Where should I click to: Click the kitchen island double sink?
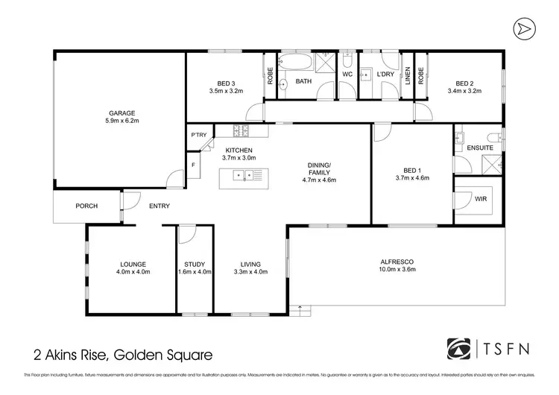point(244,177)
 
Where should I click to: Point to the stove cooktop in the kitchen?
point(241,132)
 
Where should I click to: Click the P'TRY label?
point(198,135)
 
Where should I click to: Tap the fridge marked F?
point(193,165)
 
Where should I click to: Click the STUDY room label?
point(195,264)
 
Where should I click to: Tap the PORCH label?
point(86,206)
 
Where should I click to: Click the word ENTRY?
point(159,206)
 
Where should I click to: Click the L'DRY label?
point(385,75)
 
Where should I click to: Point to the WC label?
point(347,75)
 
